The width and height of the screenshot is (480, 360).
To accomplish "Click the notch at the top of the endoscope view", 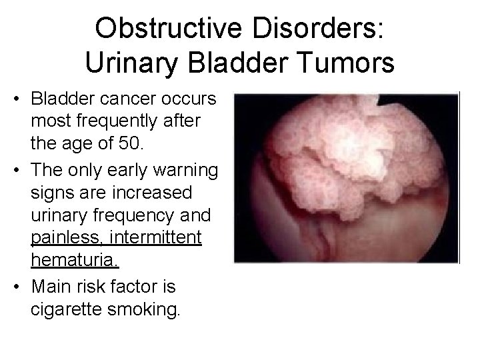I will pyautogui.click(x=385, y=100).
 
